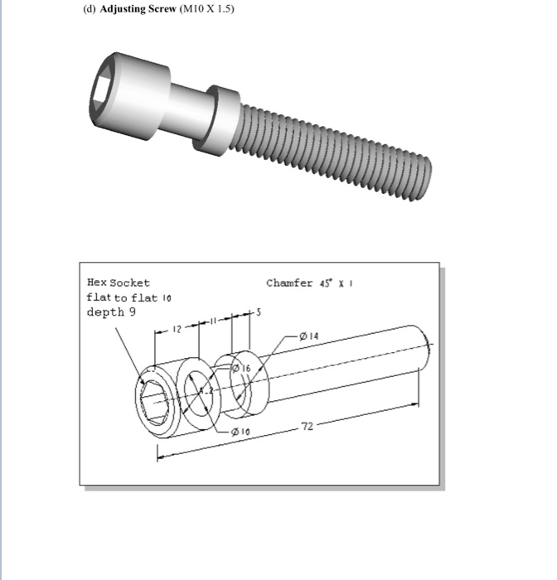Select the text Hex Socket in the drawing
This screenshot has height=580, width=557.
coord(119,283)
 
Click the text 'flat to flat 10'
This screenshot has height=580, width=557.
coord(128,297)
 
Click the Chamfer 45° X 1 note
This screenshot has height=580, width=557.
coord(314,283)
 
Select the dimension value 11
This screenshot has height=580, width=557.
coord(212,321)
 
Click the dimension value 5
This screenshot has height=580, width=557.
coord(257,312)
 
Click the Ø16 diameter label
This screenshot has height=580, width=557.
coord(246,367)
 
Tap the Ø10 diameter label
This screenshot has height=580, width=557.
coord(240,432)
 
